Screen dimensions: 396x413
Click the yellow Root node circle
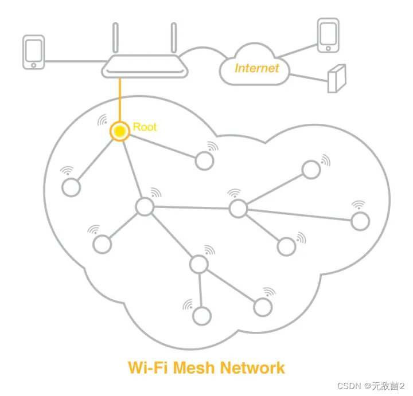pos(119,131)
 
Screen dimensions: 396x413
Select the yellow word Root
pos(145,127)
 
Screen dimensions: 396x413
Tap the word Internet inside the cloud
pos(256,68)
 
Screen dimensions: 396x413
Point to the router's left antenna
pos(116,40)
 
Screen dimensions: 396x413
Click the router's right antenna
pos(173,40)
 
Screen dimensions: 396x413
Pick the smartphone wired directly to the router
pos(33,53)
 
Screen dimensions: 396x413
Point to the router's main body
pos(145,69)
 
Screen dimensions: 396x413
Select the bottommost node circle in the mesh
pos(201,315)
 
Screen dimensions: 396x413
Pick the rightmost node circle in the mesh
pos(360,221)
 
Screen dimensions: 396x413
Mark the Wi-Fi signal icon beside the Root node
pos(103,120)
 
